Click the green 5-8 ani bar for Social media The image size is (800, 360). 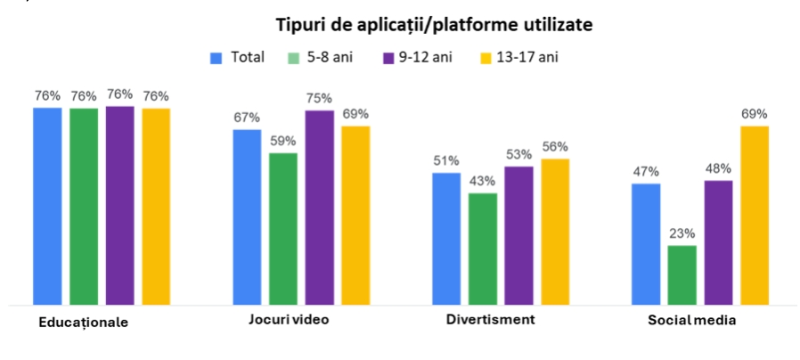pos(682,275)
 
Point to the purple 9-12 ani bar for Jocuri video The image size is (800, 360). pos(319,208)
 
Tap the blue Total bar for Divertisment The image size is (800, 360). pos(446,239)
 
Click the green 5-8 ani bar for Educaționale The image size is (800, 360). pos(84,206)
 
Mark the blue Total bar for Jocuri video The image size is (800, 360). pos(247,217)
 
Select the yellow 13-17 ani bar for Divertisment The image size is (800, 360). pos(554,232)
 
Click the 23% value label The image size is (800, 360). pos(682,233)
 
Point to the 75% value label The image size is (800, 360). pos(319,98)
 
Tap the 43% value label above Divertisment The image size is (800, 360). pos(483,181)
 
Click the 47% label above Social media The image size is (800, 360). pos(646,172)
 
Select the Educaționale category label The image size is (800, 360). pos(84,323)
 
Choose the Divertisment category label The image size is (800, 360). pos(490,320)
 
